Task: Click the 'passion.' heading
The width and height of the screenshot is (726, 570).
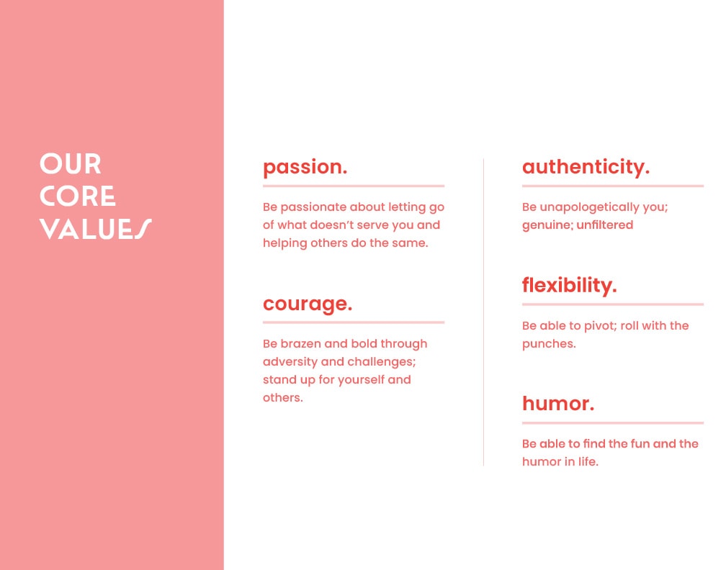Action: click(305, 168)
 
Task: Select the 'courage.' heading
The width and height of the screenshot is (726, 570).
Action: click(308, 304)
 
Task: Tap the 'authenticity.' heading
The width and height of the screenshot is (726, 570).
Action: click(586, 167)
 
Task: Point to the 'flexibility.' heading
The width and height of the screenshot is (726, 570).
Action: click(570, 286)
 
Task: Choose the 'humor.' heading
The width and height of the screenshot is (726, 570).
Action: click(558, 404)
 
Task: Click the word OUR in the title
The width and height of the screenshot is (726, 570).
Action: click(71, 164)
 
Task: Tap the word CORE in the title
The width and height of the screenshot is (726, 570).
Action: click(77, 196)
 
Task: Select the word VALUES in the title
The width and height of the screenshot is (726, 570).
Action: click(95, 229)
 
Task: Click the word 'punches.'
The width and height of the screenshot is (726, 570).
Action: click(549, 344)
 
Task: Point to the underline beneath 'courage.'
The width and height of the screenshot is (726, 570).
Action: click(354, 322)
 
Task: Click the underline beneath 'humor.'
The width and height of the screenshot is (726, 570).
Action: click(613, 423)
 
